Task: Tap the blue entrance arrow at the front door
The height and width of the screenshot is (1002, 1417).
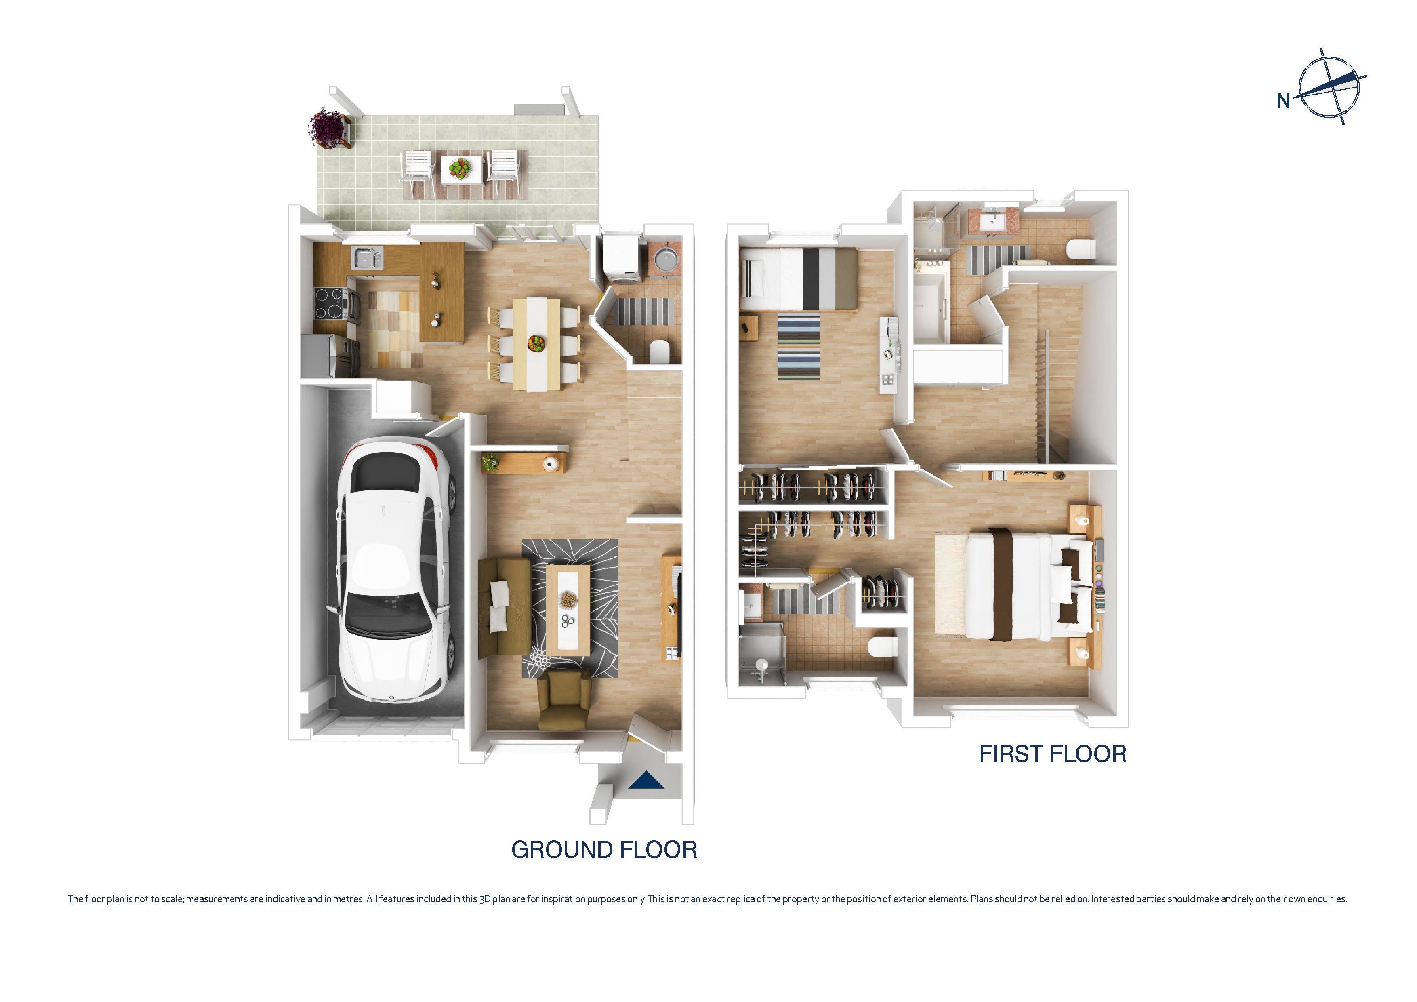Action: click(x=646, y=781)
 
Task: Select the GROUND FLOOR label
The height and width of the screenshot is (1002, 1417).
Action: click(x=603, y=850)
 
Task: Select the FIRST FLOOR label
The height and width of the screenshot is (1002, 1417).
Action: click(x=1052, y=754)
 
